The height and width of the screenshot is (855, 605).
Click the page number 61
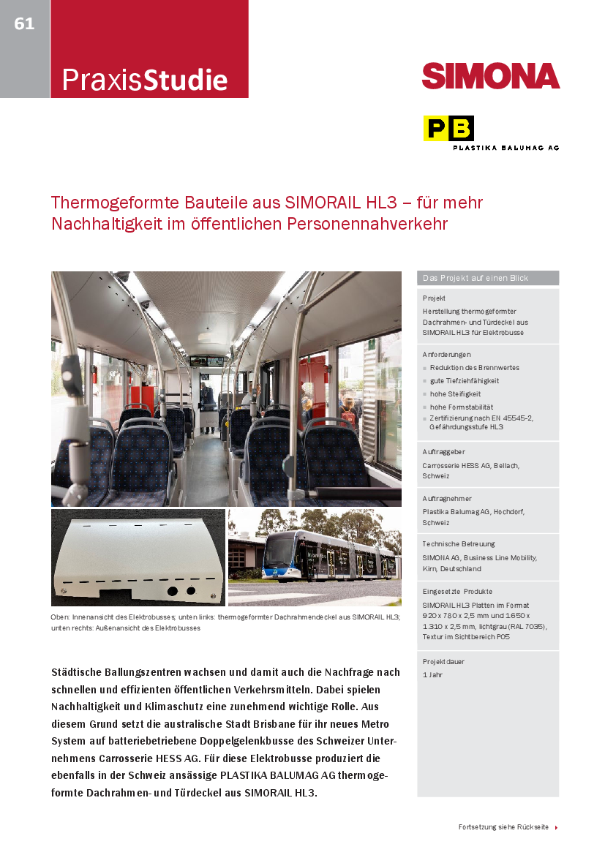pyautogui.click(x=24, y=24)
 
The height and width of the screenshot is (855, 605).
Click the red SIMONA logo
pyautogui.click(x=490, y=76)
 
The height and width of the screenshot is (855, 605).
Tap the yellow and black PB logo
pyautogui.click(x=448, y=129)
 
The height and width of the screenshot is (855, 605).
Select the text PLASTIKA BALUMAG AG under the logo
pyautogui.click(x=506, y=148)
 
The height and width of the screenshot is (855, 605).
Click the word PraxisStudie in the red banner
pyautogui.click(x=144, y=79)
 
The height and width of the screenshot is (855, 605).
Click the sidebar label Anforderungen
pyautogui.click(x=446, y=354)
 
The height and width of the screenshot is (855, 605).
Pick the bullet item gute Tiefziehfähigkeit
pyautogui.click(x=465, y=380)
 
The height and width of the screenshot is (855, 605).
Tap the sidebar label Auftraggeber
pyautogui.click(x=443, y=452)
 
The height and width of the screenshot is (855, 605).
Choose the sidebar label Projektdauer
pyautogui.click(x=443, y=661)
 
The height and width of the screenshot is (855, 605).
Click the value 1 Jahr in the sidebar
pyautogui.click(x=432, y=674)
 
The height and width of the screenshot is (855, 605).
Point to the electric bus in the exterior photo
pyautogui.click(x=329, y=557)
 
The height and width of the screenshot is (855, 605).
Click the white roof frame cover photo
pyautogui.click(x=138, y=557)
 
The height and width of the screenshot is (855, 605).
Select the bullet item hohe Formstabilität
pyautogui.click(x=462, y=407)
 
